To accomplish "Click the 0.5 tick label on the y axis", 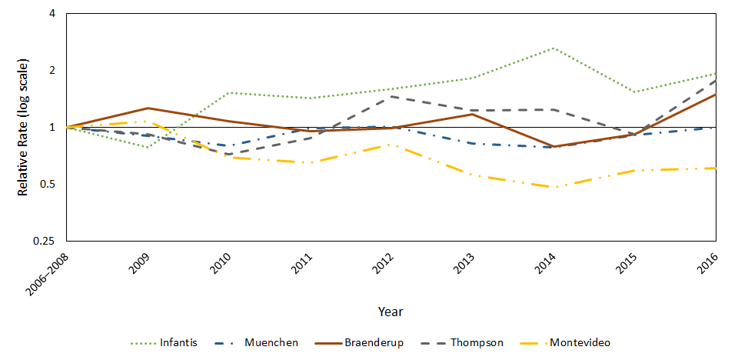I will tap(48, 185).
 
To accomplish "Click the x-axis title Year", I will tap(391, 312).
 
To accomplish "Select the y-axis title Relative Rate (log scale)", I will tap(23, 127).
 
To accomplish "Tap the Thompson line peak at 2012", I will tap(391, 96).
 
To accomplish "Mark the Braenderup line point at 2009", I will tap(148, 108).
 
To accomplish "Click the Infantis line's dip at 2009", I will tap(148, 147).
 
